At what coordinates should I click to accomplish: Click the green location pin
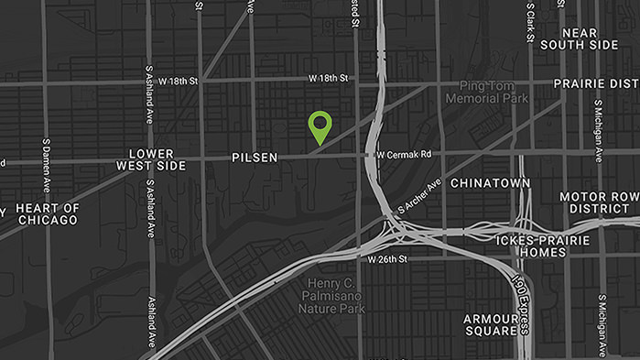[320, 125]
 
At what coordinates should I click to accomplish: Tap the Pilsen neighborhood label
[255, 158]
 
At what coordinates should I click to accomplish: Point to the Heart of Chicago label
[48, 214]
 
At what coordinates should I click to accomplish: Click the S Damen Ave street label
[46, 166]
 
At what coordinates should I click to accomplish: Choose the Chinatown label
[490, 183]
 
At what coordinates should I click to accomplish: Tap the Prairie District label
[596, 83]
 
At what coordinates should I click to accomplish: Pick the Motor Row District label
[599, 202]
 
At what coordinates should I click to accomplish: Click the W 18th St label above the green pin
[329, 79]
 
